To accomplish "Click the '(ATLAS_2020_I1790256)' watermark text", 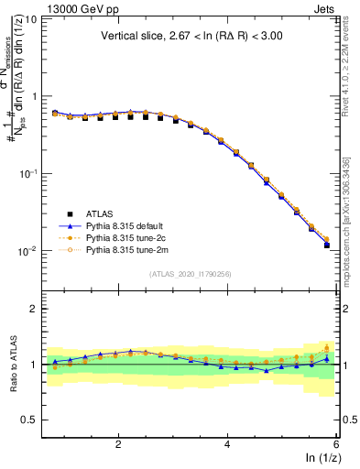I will click(x=190, y=274).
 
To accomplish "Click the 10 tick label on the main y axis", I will click(x=31, y=18).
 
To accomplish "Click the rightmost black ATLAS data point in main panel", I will click(x=327, y=245).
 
